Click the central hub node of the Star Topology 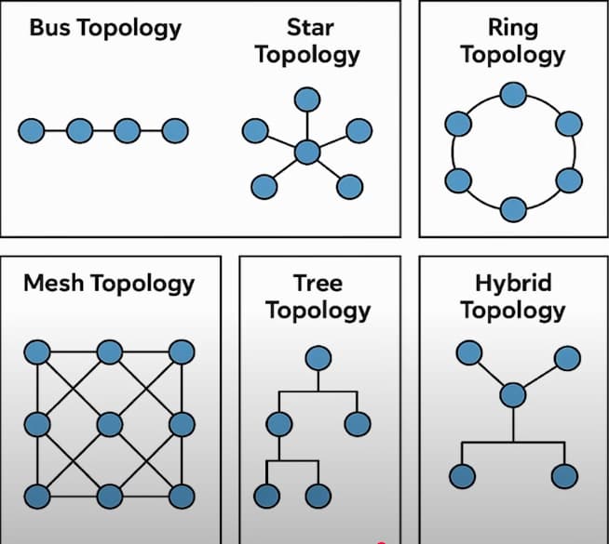(306, 152)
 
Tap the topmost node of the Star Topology (306, 100)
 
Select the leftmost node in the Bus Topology (31, 130)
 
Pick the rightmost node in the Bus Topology (174, 130)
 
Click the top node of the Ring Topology (512, 94)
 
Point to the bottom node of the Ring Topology (512, 208)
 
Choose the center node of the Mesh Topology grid (110, 424)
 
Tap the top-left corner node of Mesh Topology (36, 352)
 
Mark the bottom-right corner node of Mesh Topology (182, 495)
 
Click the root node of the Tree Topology (318, 357)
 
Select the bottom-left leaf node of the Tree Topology (267, 495)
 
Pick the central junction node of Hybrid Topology (512, 395)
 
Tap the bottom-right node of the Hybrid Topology (563, 476)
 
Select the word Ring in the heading (512, 27)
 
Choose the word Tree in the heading (318, 283)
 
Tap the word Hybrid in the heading (512, 283)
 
